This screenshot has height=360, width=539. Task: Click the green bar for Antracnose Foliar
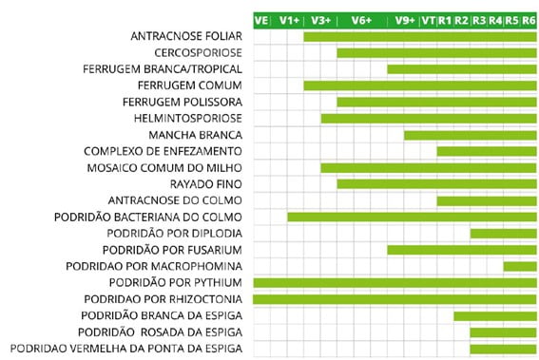point(419,37)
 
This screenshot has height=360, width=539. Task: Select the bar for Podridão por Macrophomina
point(519,266)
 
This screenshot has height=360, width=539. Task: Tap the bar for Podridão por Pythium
point(395,283)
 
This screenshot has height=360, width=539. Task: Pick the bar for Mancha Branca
point(470,135)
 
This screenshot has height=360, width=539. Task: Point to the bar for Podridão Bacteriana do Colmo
point(411,218)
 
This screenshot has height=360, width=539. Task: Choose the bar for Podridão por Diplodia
point(503,234)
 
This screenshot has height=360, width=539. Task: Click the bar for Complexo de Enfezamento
point(486,151)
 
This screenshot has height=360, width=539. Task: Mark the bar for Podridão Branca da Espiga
point(494,316)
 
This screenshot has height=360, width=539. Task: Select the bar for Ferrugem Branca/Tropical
point(461,69)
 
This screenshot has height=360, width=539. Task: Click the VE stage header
point(261,20)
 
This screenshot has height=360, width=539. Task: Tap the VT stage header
point(428,20)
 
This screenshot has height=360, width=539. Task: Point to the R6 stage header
point(529,20)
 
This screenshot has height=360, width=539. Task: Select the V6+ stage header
point(361,20)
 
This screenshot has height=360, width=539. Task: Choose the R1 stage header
point(445,20)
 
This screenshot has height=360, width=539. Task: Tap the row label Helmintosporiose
point(189,119)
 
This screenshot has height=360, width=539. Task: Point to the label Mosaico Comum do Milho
point(164,168)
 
